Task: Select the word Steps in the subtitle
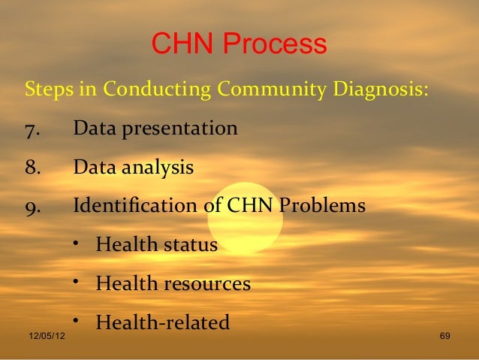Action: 49,90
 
